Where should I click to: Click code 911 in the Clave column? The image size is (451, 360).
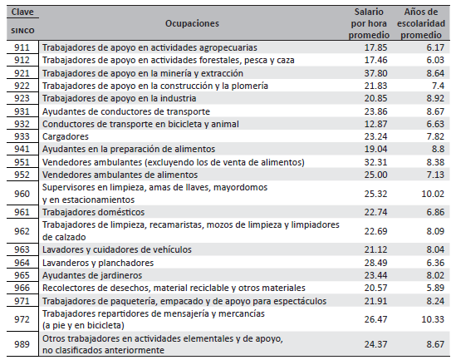[22, 48]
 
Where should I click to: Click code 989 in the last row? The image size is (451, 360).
[22, 343]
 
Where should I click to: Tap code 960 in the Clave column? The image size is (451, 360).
[22, 193]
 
